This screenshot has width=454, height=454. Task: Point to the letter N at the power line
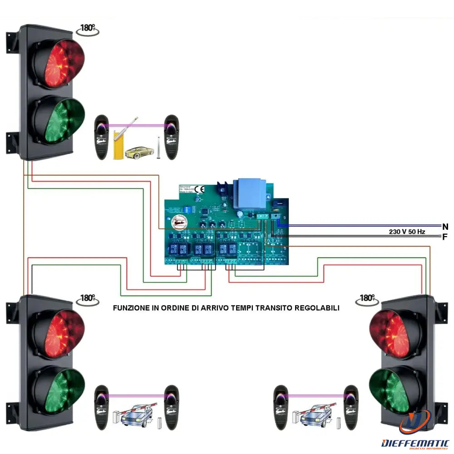pyautogui.click(x=445, y=226)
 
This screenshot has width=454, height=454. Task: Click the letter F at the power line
pyautogui.click(x=445, y=237)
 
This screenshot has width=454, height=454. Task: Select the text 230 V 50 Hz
pyautogui.click(x=407, y=232)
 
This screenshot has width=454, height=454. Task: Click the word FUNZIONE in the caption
pyautogui.click(x=131, y=308)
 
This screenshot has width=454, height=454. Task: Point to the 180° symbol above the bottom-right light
pyautogui.click(x=366, y=298)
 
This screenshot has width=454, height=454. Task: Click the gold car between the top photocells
pyautogui.click(x=139, y=151)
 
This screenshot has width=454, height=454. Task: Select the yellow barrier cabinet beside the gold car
pyautogui.click(x=118, y=144)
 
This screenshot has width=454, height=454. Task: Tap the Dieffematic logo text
pyautogui.click(x=415, y=442)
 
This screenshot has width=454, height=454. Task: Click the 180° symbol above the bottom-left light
pyautogui.click(x=87, y=298)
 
